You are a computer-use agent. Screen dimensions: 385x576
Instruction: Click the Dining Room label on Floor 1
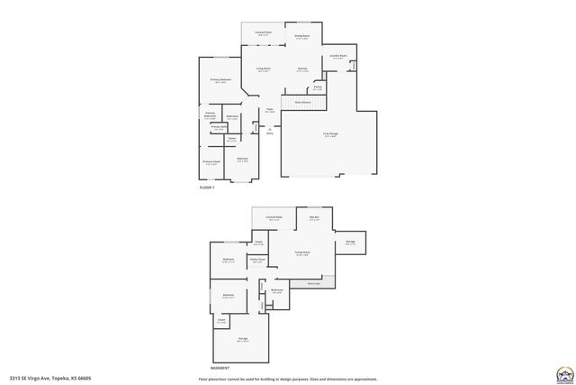click(301, 37)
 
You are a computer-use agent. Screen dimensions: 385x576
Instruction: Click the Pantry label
click(318, 87)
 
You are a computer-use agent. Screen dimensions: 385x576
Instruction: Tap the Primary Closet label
click(211, 163)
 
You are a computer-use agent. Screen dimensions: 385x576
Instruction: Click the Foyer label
click(269, 111)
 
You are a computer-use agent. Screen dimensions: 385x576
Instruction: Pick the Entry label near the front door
click(269, 133)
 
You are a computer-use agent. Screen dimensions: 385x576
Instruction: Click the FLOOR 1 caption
click(208, 187)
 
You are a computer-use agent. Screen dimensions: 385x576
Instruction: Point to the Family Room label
click(302, 253)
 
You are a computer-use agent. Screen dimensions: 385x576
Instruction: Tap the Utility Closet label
click(256, 261)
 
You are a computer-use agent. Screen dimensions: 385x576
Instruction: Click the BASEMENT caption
click(220, 368)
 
